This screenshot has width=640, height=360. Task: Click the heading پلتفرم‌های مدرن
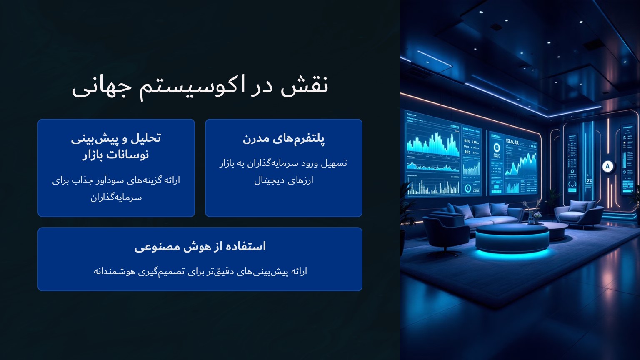[283, 138]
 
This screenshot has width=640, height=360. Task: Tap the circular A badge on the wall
[607, 166]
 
